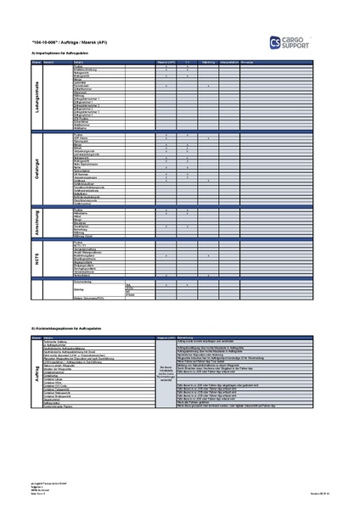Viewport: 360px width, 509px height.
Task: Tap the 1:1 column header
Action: click(188, 63)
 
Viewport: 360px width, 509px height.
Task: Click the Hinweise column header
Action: click(248, 63)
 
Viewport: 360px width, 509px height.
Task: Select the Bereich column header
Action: click(49, 63)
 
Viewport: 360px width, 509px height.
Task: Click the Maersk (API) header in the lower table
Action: click(166, 337)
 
